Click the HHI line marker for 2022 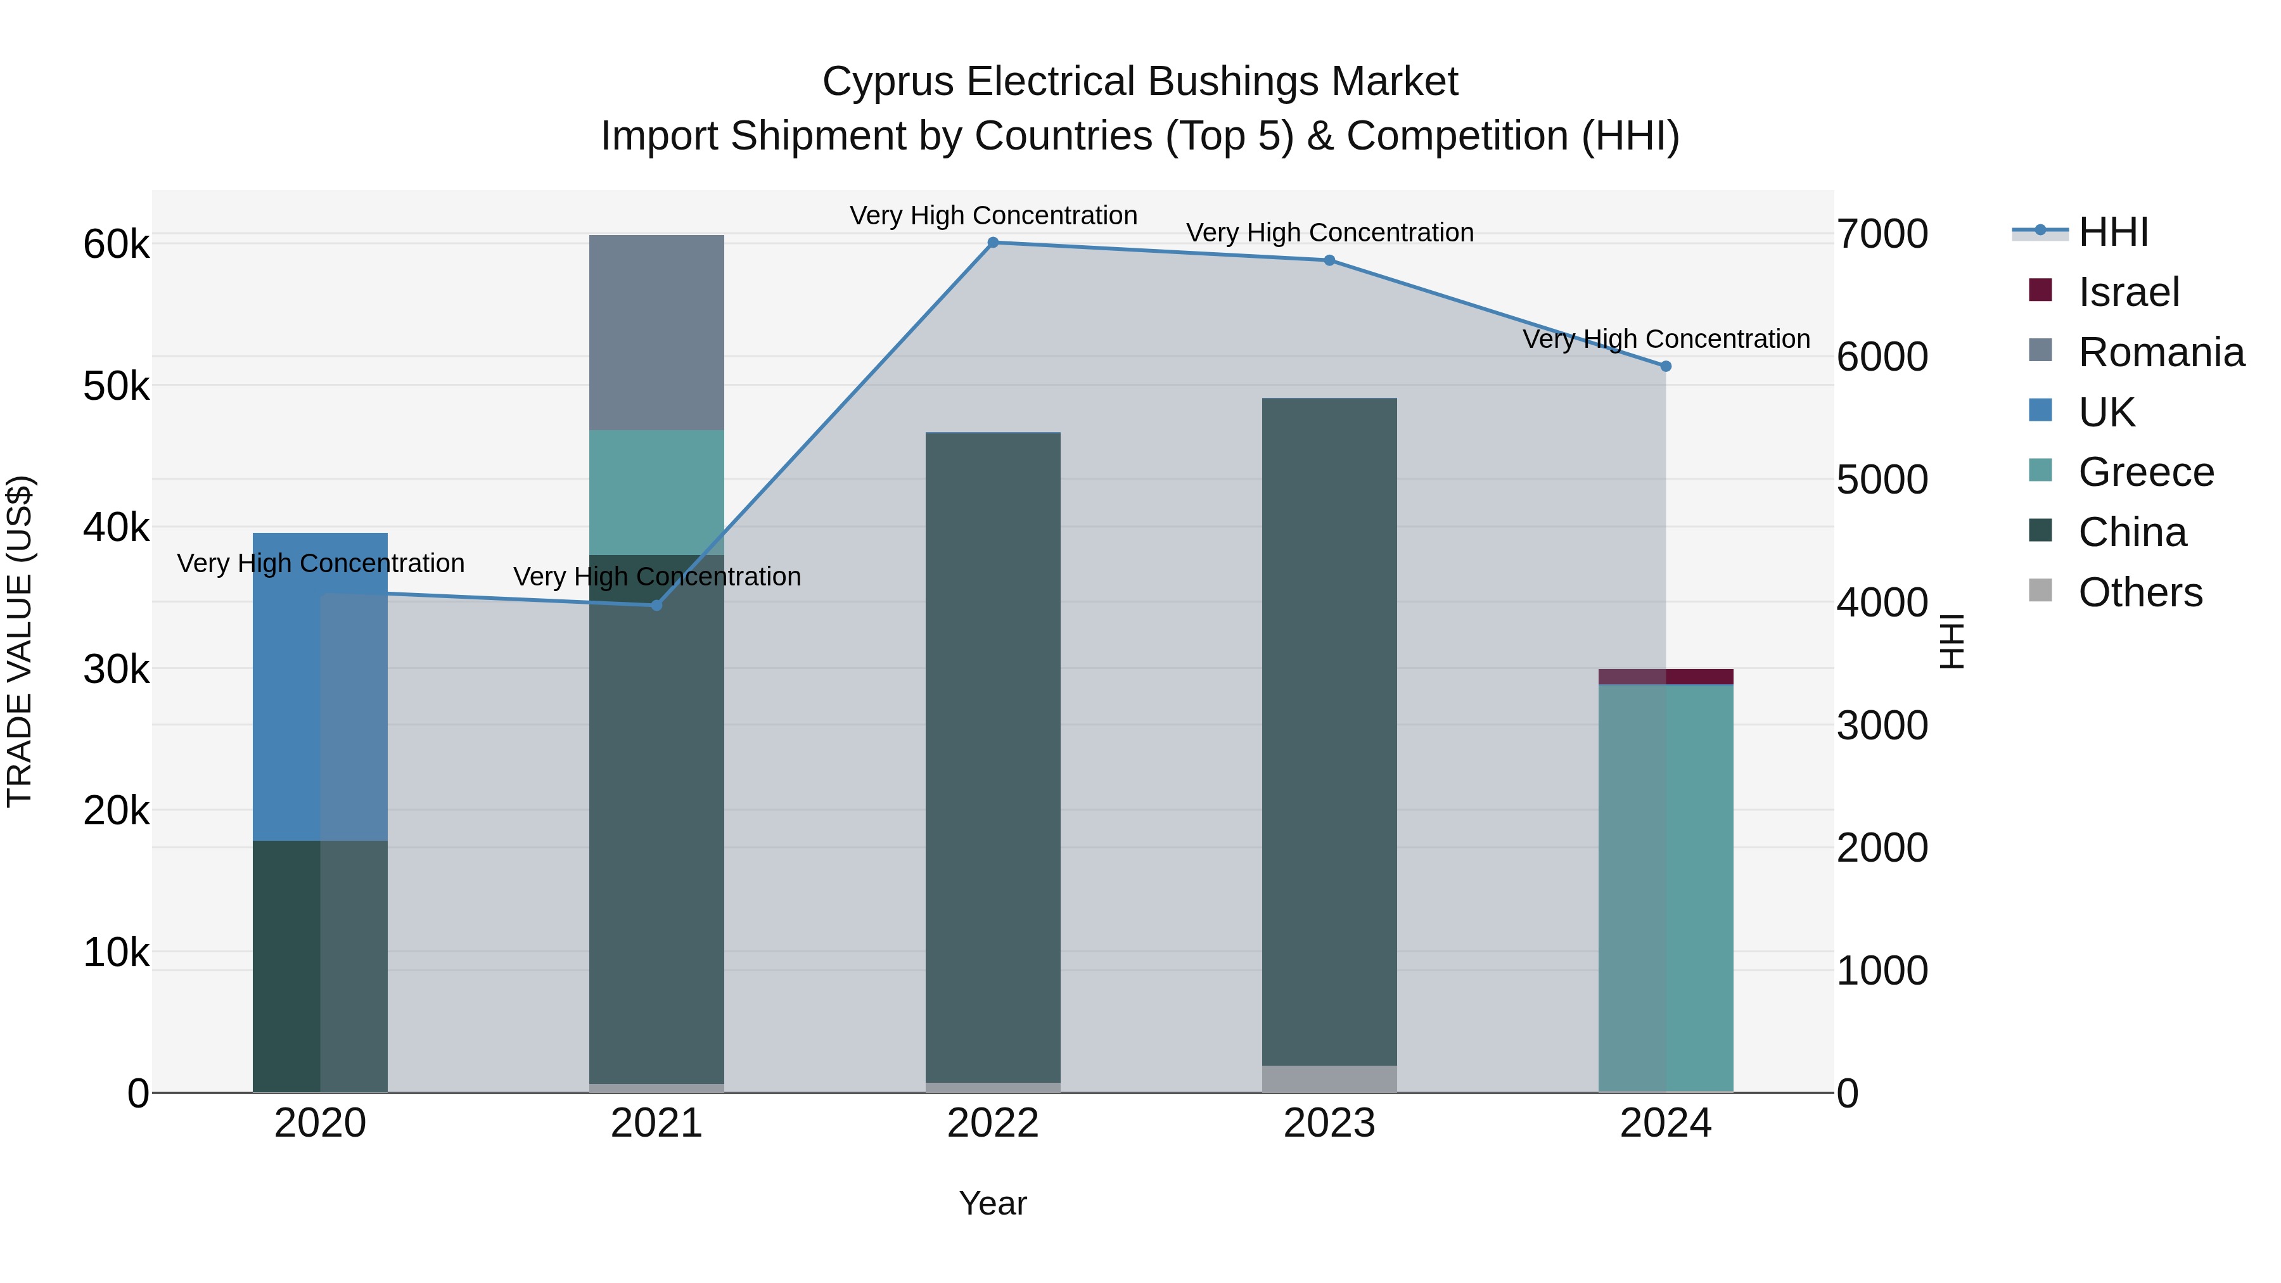click(x=993, y=243)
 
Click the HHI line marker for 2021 click(x=656, y=606)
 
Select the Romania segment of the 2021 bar click(x=656, y=332)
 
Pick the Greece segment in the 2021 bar click(x=656, y=492)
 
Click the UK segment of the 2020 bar click(x=320, y=686)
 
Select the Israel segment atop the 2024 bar click(x=1666, y=677)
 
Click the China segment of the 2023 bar click(x=1329, y=731)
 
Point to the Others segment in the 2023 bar click(x=1329, y=1078)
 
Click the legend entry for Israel click(x=2128, y=292)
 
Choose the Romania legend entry click(x=2161, y=352)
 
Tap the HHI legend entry click(x=2112, y=232)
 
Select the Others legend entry click(x=2139, y=592)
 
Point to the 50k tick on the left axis click(x=117, y=386)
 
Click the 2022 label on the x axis click(x=993, y=1123)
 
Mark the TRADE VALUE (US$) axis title click(x=20, y=641)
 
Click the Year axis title click(x=993, y=1203)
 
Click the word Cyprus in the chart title click(x=888, y=82)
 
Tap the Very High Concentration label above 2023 click(x=1329, y=233)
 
